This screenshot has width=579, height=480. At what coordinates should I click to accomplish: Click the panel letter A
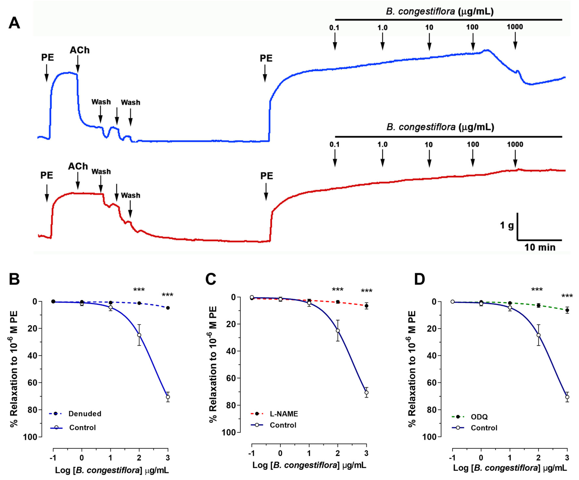pyautogui.click(x=14, y=23)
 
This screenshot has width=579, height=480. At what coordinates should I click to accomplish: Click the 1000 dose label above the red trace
pyautogui.click(x=515, y=144)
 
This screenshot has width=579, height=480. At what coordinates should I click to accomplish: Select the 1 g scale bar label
pyautogui.click(x=507, y=226)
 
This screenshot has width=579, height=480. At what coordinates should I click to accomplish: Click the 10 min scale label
pyautogui.click(x=540, y=247)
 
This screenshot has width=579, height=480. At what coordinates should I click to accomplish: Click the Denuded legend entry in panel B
pyautogui.click(x=85, y=414)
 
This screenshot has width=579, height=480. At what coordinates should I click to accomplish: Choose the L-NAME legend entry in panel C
pyautogui.click(x=284, y=414)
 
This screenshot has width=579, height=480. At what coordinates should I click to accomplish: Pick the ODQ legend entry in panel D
pyautogui.click(x=479, y=417)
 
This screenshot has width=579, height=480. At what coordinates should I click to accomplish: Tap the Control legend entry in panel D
pyautogui.click(x=484, y=428)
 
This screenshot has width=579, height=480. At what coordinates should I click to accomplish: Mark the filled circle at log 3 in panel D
pyautogui.click(x=567, y=310)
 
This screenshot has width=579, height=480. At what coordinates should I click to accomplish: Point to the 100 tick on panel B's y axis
pyautogui.click(x=32, y=437)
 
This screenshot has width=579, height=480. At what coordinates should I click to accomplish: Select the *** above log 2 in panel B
pyautogui.click(x=139, y=290)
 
